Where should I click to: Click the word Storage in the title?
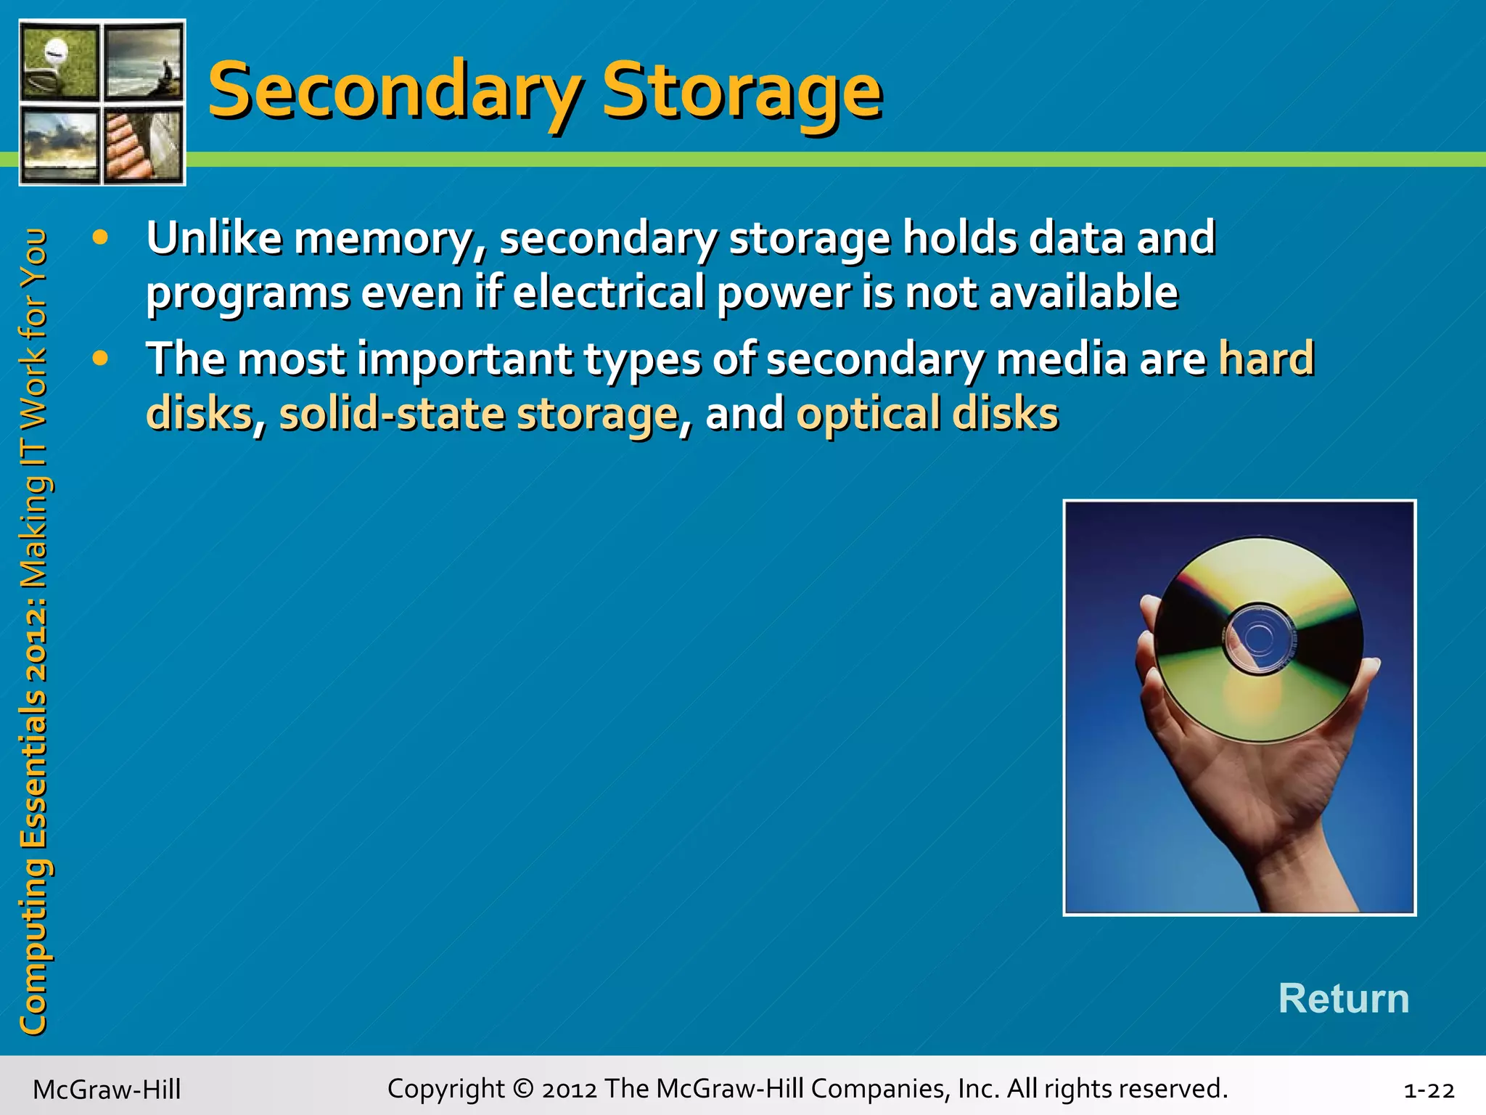tap(742, 91)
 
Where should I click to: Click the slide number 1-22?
tap(1429, 1090)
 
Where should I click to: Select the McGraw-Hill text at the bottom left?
tap(107, 1090)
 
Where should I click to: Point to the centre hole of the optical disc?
tap(1259, 637)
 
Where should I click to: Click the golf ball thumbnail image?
tap(59, 62)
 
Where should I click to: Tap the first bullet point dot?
tap(101, 237)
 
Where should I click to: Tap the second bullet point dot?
tap(101, 358)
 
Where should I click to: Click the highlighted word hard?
tap(1266, 358)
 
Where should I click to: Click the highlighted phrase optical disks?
tap(927, 414)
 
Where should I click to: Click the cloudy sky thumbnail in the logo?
tap(59, 144)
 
